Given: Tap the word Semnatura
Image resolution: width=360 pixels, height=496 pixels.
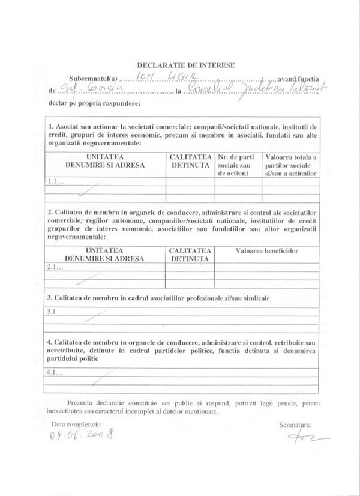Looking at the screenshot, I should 293,425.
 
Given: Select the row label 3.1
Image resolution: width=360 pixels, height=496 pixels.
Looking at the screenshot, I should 52,311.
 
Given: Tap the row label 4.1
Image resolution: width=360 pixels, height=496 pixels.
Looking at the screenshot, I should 53,372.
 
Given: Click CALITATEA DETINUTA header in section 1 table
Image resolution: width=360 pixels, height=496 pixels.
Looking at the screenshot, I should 190,160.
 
